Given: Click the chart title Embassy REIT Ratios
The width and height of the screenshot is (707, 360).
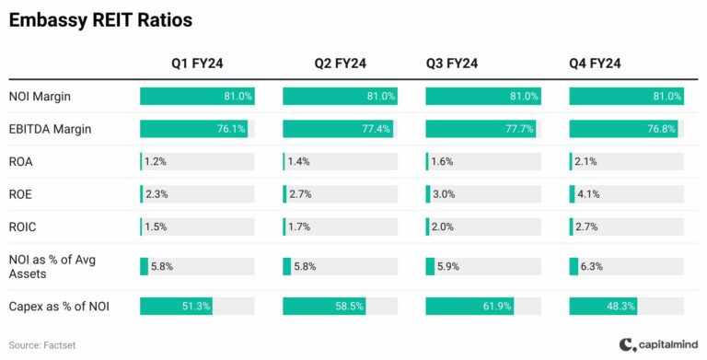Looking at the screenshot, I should [x=101, y=19].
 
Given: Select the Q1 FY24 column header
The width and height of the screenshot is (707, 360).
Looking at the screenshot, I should [x=197, y=64].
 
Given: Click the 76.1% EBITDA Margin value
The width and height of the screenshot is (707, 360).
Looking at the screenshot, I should [x=231, y=129].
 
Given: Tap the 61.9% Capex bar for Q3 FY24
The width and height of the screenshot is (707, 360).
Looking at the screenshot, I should [x=469, y=306].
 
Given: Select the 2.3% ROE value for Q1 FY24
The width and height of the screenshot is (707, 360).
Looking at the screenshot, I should [x=157, y=194].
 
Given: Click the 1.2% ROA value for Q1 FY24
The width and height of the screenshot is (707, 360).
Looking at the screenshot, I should [x=156, y=161].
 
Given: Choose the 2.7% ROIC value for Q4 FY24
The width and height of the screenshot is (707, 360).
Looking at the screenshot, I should [x=587, y=226].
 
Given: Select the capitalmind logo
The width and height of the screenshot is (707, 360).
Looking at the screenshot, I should [x=658, y=344].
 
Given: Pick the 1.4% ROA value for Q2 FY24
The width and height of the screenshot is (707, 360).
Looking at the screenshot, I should [x=298, y=161].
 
